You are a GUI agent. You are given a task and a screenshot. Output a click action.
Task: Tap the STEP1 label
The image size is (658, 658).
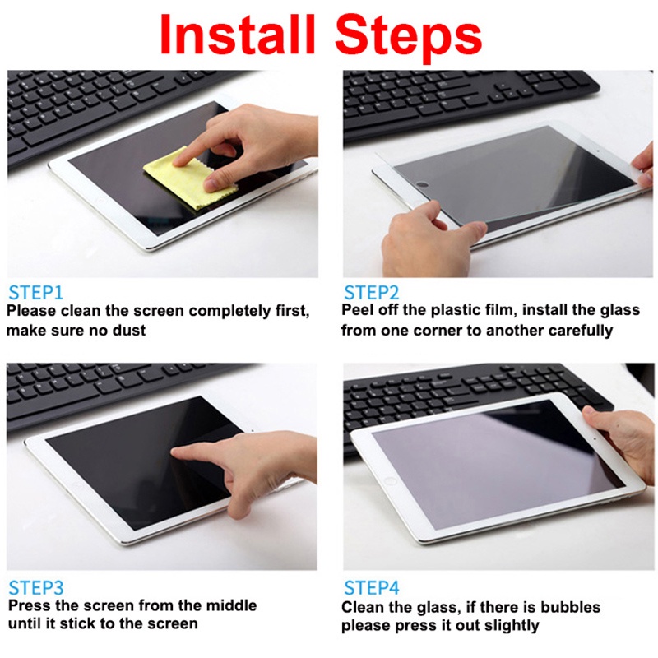coord(35,292)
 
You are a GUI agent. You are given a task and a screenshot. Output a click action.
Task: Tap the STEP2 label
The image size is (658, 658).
coord(372,292)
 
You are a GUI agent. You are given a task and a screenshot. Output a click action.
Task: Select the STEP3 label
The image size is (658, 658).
coord(35,587)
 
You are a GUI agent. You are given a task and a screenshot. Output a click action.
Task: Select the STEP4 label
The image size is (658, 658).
coord(372,587)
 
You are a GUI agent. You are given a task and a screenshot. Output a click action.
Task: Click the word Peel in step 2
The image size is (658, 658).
coord(358,311)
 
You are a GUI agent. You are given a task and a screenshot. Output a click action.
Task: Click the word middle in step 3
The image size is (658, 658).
coord(230,606)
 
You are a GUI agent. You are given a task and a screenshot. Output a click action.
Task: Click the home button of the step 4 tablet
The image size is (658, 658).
coord(390,480)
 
